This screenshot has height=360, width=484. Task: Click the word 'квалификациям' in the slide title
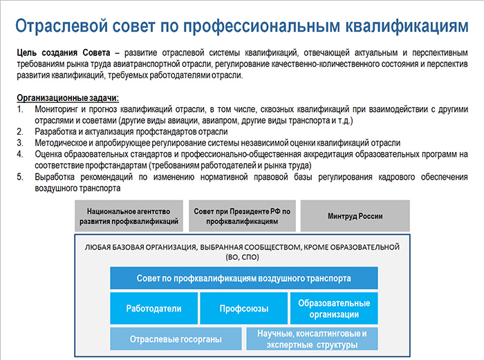[407, 26]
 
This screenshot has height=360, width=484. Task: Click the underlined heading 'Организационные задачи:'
[68, 98]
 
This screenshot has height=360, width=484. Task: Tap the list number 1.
[20, 109]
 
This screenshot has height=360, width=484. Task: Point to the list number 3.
[20, 143]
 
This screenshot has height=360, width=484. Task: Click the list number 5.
[20, 177]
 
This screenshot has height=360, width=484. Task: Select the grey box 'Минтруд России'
[355, 216]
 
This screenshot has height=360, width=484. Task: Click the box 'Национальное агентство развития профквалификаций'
[129, 216]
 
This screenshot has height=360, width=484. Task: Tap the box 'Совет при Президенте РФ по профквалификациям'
[242, 216]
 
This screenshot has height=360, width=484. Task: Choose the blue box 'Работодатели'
[153, 308]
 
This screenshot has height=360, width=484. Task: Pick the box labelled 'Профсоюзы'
[244, 308]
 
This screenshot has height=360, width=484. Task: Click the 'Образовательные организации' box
[334, 308]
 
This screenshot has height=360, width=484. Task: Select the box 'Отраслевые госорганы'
[176, 339]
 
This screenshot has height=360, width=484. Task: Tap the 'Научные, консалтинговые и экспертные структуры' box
[312, 339]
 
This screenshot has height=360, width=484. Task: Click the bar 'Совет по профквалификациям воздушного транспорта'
[244, 278]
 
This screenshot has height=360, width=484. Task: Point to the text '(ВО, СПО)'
[242, 257]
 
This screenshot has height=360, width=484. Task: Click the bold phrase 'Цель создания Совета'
[64, 53]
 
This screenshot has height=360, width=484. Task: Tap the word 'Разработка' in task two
[54, 132]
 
